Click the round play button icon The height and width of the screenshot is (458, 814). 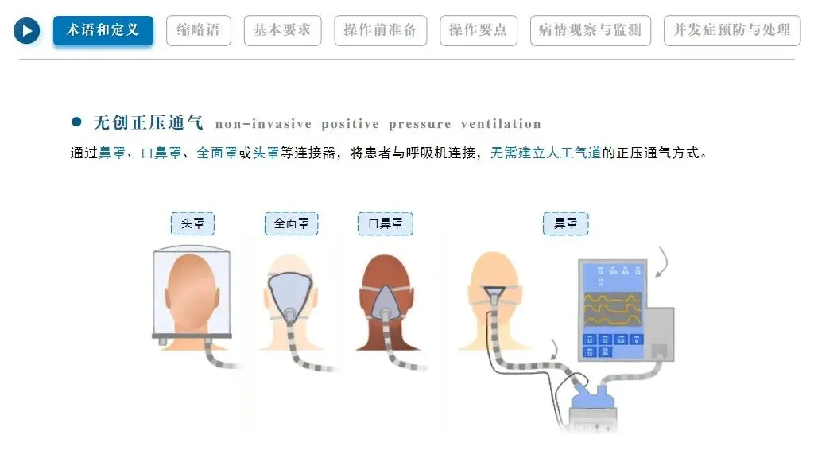(27, 31)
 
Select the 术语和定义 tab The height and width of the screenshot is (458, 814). (103, 30)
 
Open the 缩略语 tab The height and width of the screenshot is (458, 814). (199, 30)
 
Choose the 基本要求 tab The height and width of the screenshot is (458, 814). (282, 30)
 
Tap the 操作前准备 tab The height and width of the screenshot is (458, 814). (380, 30)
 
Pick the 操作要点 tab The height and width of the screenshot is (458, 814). (478, 30)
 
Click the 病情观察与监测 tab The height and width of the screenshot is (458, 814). (590, 30)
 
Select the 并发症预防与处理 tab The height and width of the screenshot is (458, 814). (732, 30)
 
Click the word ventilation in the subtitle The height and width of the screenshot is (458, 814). (501, 124)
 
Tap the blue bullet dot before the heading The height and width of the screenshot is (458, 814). (77, 122)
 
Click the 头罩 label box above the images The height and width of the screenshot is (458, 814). (192, 223)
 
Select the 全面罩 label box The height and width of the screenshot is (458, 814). (291, 223)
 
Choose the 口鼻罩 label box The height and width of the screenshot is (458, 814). (386, 223)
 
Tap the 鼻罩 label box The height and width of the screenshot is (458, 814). (566, 223)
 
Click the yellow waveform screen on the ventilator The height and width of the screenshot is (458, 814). (617, 305)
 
